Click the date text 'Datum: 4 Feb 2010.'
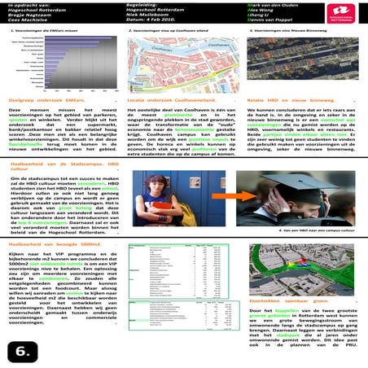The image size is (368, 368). point(156,20)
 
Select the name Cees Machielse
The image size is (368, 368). point(30,20)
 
